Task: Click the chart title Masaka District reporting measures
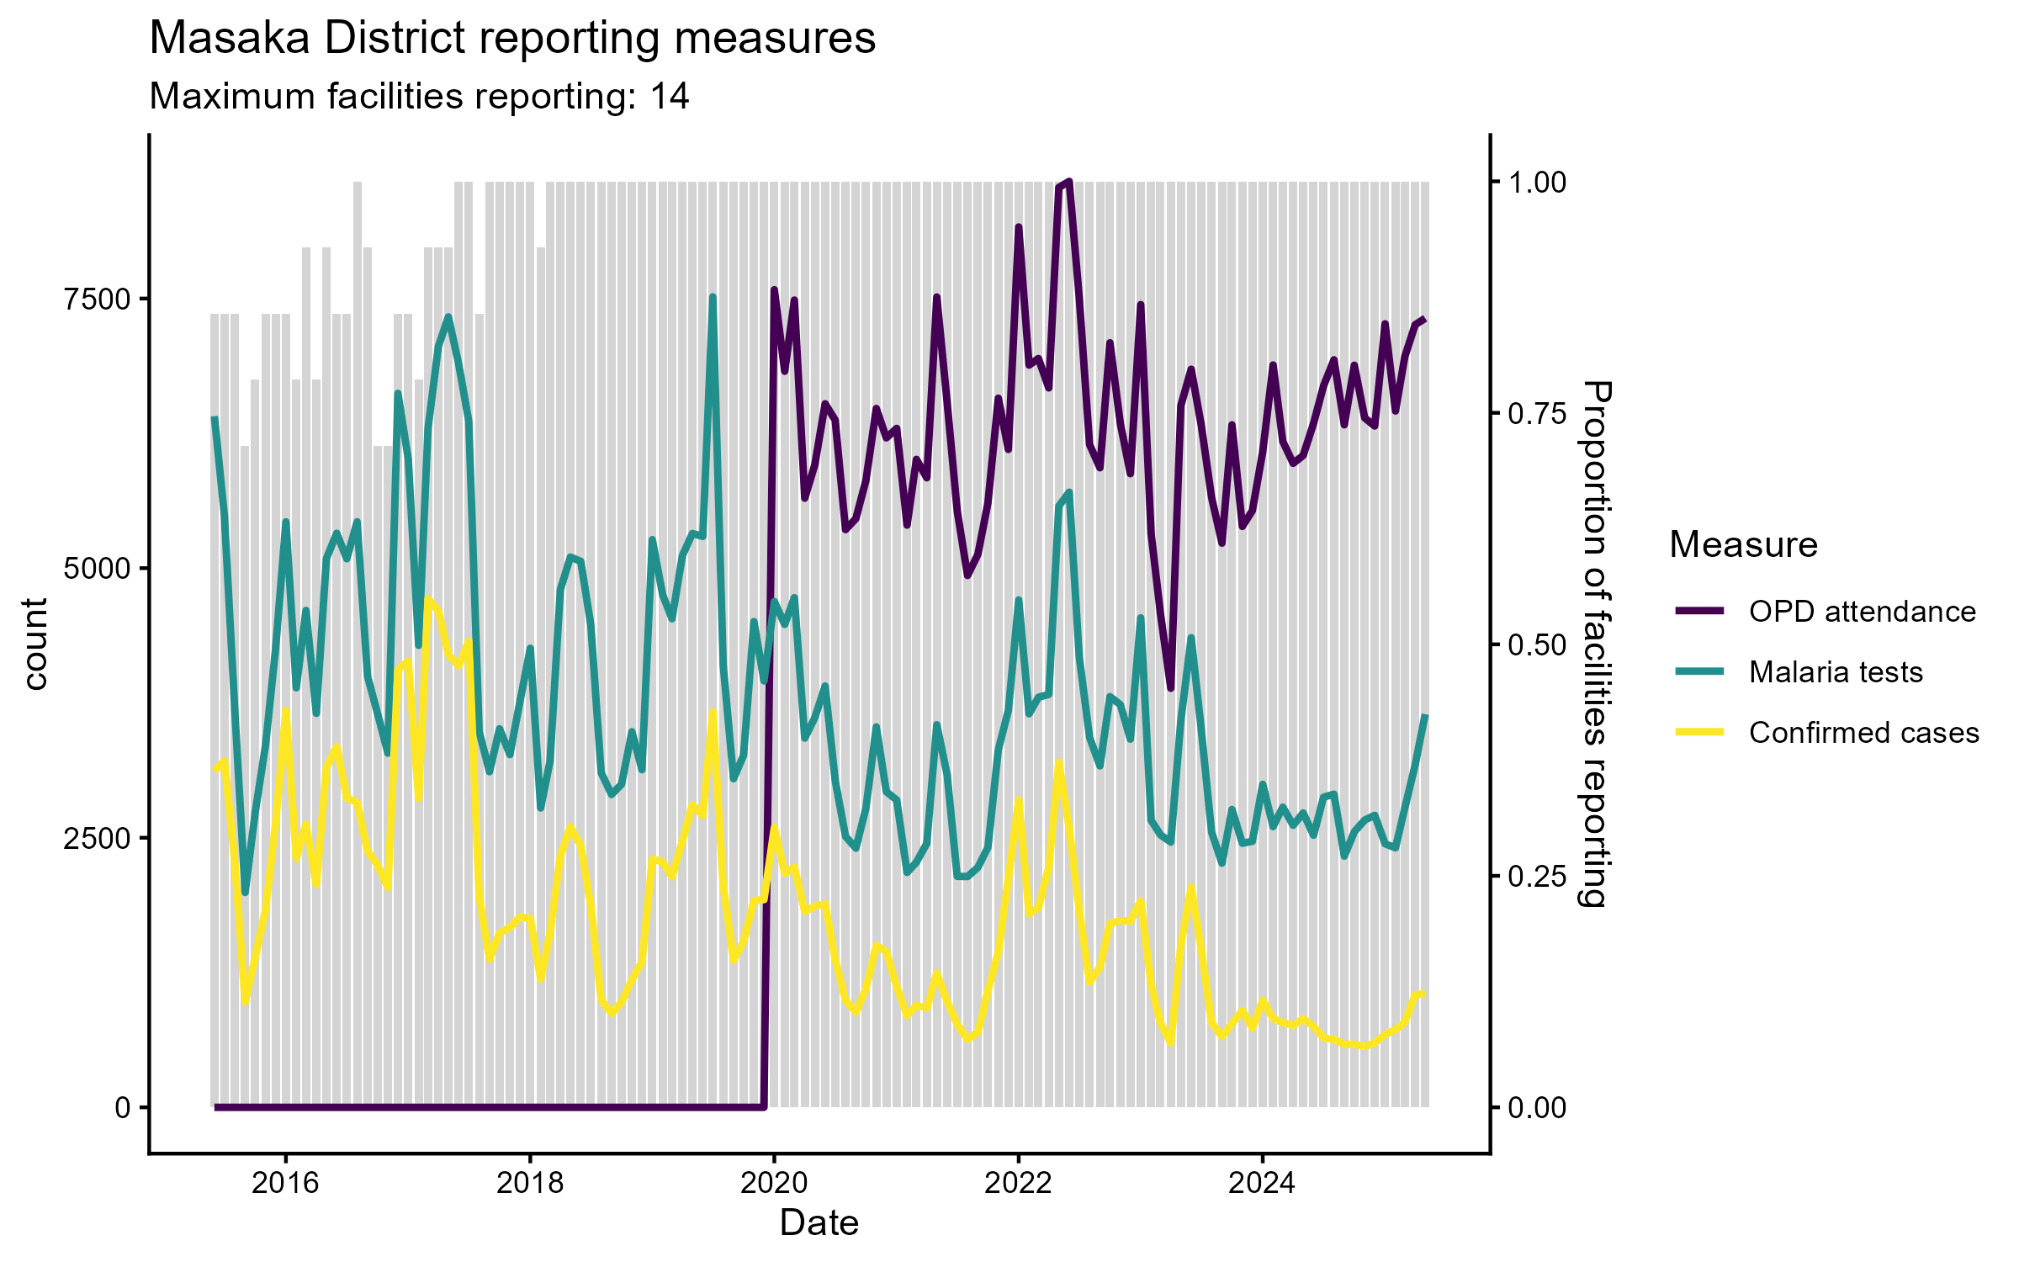coord(512,39)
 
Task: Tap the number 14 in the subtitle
coord(670,97)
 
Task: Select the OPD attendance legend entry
coord(1862,612)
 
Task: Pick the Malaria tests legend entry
coord(1836,672)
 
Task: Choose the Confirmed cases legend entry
coord(1863,733)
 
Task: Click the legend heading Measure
coord(1743,545)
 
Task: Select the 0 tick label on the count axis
coord(123,1108)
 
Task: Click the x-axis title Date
coord(819,1223)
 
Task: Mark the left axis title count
coord(35,644)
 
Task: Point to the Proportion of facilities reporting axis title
coord(1594,644)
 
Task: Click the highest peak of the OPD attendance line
coord(1068,182)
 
